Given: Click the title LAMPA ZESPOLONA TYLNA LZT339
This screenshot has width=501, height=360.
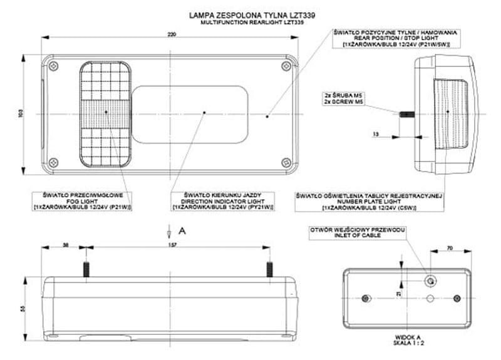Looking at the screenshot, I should [x=250, y=14].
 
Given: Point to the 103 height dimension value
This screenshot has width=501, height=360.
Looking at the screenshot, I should [x=20, y=114].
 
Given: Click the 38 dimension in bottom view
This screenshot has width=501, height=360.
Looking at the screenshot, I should [x=66, y=245].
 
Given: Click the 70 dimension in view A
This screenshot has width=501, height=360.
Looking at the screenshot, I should [x=449, y=249].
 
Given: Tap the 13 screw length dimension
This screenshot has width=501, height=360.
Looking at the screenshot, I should [x=374, y=134].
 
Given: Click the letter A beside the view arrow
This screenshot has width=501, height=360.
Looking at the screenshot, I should [x=182, y=230].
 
